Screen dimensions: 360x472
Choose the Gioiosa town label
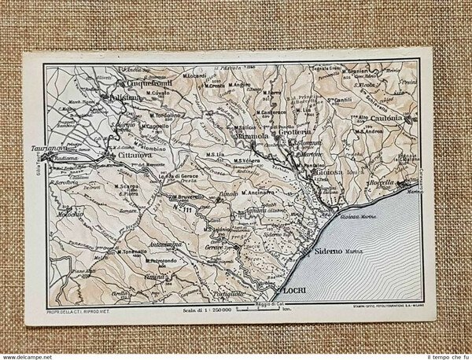[324, 173]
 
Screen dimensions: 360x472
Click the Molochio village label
[70, 213]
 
